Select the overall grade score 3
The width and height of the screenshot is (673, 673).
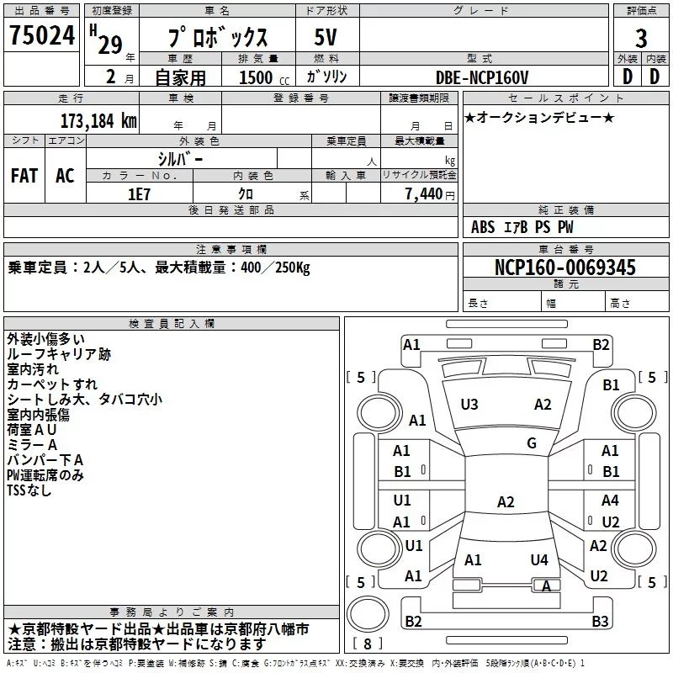[641, 39]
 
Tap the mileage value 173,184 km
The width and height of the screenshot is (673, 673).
[98, 121]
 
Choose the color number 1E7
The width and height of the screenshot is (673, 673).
[140, 193]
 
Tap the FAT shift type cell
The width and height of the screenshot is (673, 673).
[24, 176]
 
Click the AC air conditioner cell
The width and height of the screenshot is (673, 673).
[65, 176]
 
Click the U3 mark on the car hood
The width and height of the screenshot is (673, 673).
[469, 405]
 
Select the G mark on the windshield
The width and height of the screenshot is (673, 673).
[531, 443]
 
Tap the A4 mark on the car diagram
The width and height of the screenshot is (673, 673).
[610, 500]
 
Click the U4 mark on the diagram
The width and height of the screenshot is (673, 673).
[539, 559]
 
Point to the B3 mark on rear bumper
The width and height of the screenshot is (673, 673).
[600, 622]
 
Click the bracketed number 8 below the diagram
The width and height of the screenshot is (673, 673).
[368, 644]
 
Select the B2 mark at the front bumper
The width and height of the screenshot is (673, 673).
[601, 344]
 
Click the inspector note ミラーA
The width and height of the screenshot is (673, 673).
[32, 444]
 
